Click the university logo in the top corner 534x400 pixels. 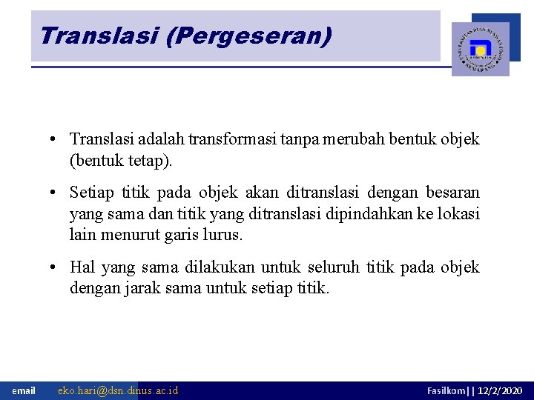coord(481,49)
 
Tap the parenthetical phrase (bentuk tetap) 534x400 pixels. coord(120,161)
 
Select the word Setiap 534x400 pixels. coord(90,193)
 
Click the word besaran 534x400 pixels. coord(452,193)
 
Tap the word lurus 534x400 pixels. coord(224,236)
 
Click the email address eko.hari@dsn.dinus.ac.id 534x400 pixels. coord(118,390)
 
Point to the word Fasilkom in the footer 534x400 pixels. coord(446,390)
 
